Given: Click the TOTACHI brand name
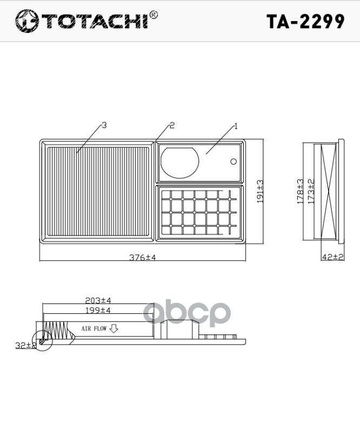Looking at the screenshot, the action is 95,22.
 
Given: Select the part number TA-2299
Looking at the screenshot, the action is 305,21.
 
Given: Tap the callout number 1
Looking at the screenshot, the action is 236,126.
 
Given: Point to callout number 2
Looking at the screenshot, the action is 172,125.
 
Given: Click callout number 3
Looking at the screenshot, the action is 104,125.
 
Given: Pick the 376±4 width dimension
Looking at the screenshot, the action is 142,258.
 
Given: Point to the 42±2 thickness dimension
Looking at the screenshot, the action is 332,257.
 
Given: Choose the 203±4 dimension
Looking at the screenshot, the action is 98,300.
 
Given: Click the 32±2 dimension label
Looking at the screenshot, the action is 25,345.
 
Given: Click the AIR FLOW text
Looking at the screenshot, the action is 94,328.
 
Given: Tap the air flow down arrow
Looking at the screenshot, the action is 114,328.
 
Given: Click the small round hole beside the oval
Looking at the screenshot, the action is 234,161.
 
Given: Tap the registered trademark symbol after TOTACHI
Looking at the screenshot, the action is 154,15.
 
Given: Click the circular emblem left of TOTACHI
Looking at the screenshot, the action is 26,22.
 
